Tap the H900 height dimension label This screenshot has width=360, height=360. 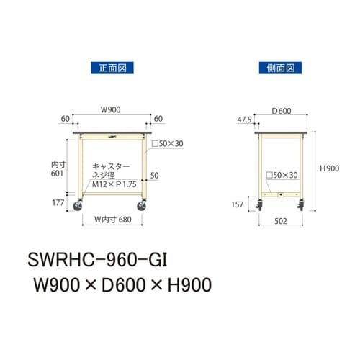pyautogui.click(x=330, y=168)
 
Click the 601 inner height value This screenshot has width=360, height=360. pyautogui.click(x=58, y=174)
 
